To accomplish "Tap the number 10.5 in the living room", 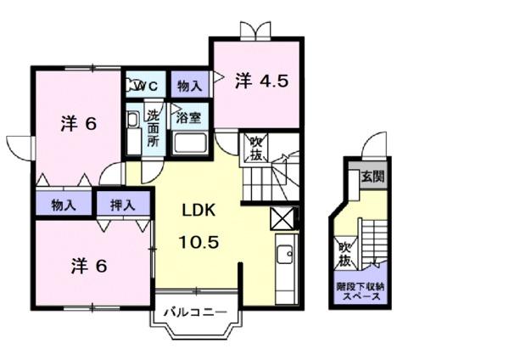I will pyautogui.click(x=200, y=242).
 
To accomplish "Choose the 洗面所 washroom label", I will pyautogui.click(x=153, y=128).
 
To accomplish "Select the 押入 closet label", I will pyautogui.click(x=121, y=205).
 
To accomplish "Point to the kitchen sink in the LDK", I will pyautogui.click(x=285, y=254).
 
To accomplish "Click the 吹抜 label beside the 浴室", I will pyautogui.click(x=255, y=149).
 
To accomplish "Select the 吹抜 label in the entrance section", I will pyautogui.click(x=344, y=252).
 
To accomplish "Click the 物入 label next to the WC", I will pyautogui.click(x=188, y=86).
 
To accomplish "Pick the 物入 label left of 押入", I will pyautogui.click(x=64, y=205).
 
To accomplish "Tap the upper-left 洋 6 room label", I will pyautogui.click(x=78, y=124).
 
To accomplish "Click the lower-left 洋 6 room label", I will pyautogui.click(x=87, y=266).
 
